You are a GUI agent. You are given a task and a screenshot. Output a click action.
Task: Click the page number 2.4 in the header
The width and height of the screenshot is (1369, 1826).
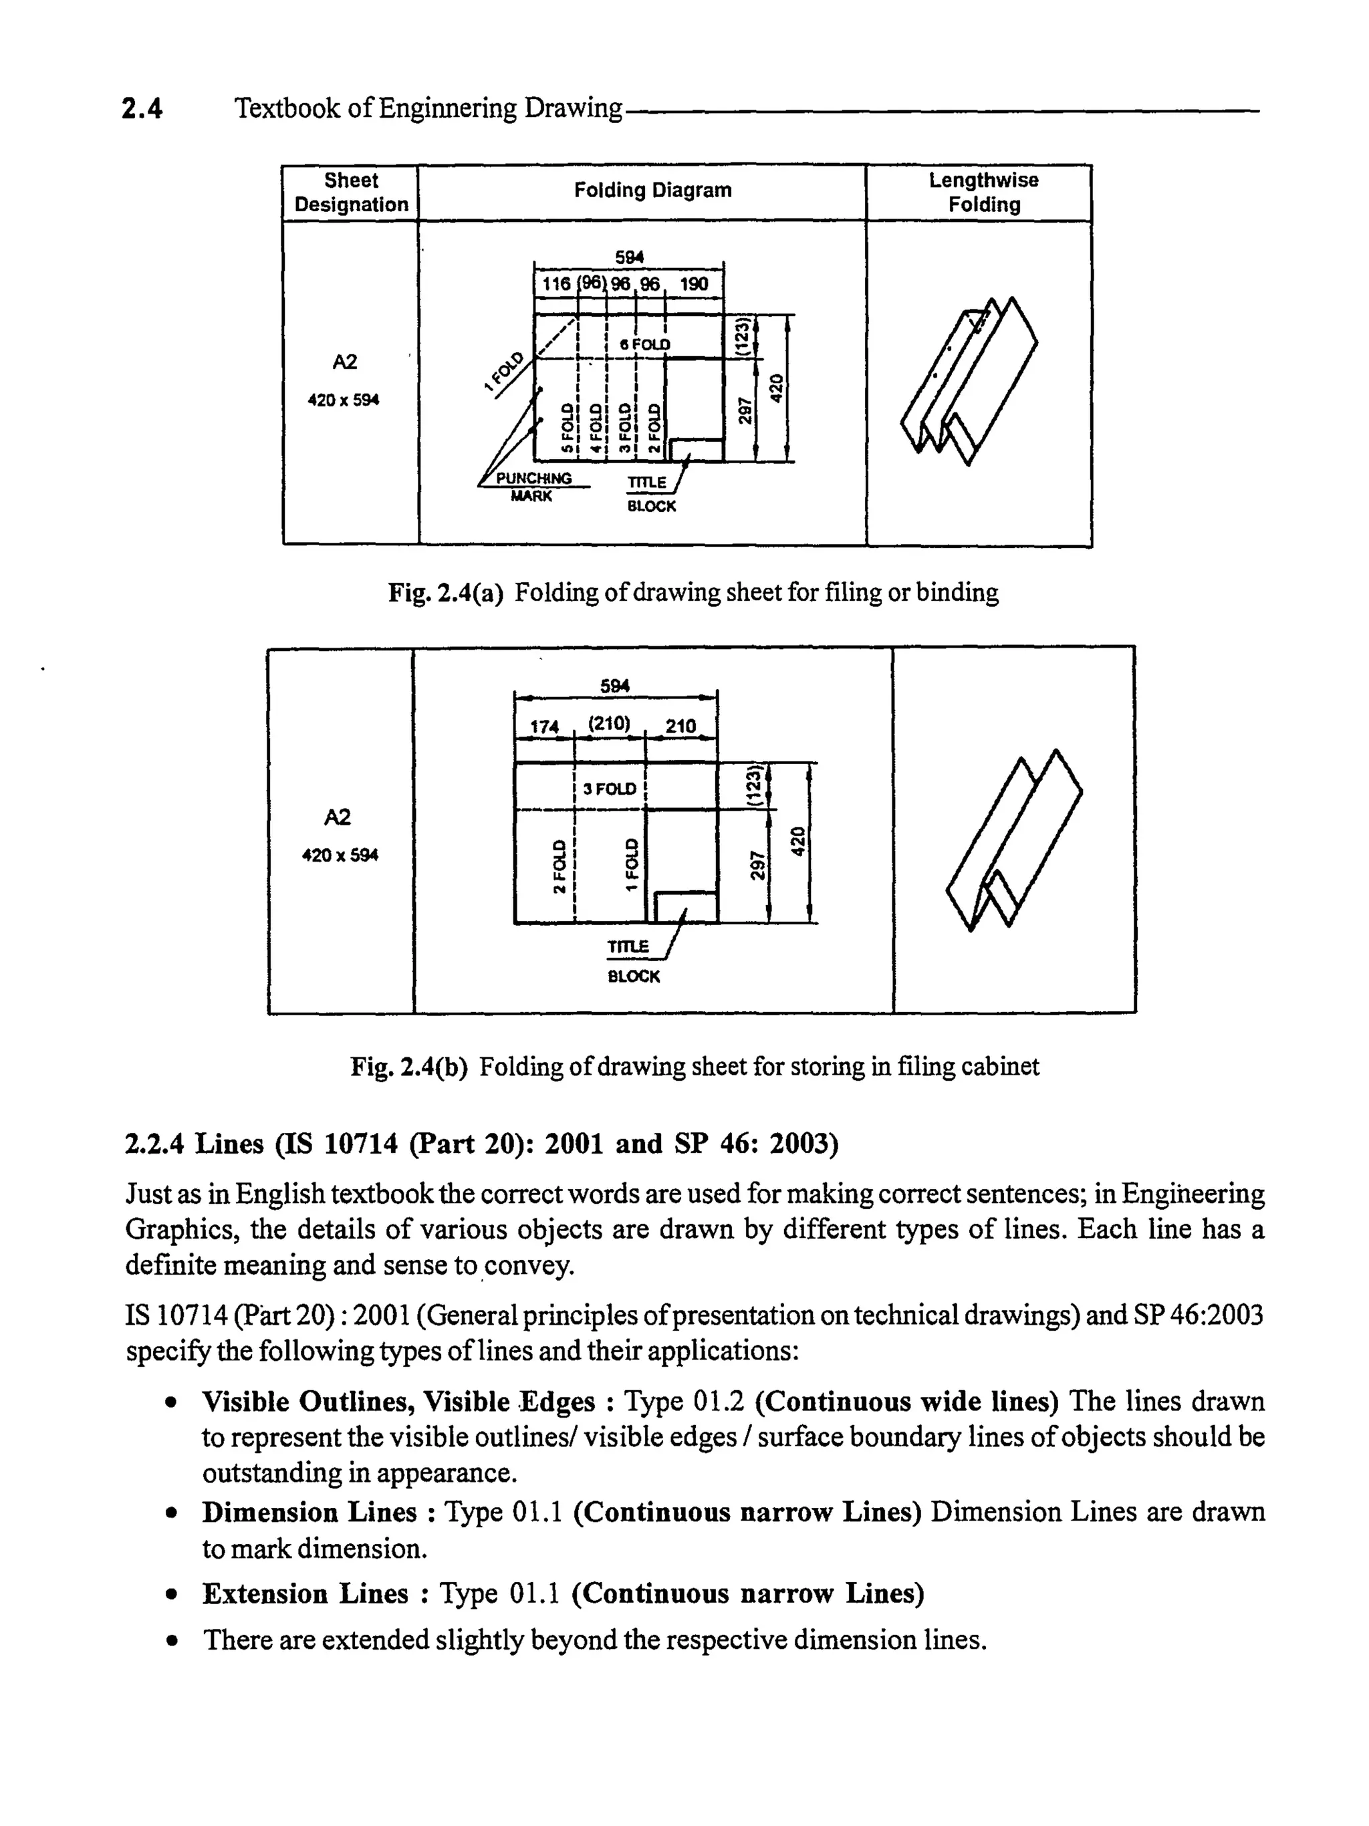tap(142, 109)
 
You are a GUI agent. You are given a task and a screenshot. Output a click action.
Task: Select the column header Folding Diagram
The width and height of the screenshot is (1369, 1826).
tap(652, 190)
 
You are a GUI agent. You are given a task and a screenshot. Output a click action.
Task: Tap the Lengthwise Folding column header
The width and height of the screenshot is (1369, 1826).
tap(983, 192)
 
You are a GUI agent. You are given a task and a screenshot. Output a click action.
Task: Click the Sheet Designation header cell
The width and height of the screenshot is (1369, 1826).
tap(351, 192)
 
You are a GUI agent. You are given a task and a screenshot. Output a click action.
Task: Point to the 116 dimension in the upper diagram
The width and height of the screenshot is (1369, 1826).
tap(555, 284)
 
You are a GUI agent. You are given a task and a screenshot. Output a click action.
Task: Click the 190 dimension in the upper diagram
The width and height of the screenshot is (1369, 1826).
tap(694, 284)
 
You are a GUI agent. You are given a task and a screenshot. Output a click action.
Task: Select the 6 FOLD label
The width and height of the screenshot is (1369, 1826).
tap(645, 344)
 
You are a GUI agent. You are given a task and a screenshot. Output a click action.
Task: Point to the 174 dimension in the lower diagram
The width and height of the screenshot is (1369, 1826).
tap(543, 727)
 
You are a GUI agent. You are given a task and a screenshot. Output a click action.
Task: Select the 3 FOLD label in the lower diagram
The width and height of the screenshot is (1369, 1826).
tap(610, 789)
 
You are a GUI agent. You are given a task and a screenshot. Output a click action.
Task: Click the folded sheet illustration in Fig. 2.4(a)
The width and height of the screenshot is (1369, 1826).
tap(968, 380)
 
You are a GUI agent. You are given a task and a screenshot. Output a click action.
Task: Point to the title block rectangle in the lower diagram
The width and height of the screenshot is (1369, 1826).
tap(685, 906)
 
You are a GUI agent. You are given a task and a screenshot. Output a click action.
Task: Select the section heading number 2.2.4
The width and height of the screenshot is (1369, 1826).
tap(154, 1144)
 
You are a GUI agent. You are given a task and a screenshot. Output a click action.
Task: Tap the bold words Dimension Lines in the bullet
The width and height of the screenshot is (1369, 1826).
tap(309, 1513)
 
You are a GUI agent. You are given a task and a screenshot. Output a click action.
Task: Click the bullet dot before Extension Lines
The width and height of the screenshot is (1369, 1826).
tap(171, 1594)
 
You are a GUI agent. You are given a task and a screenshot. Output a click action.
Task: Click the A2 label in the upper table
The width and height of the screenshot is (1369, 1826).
tap(344, 362)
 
